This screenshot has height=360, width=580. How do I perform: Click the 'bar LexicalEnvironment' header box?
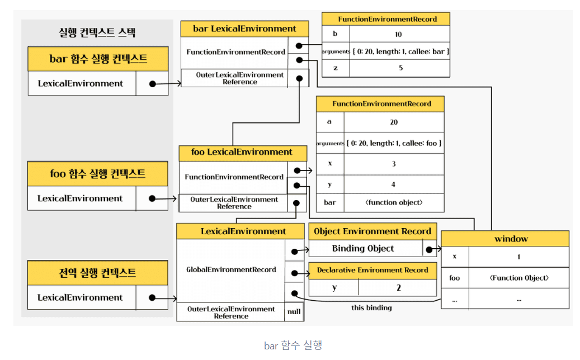tap(244, 29)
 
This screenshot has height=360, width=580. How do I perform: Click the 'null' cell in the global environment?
tap(294, 311)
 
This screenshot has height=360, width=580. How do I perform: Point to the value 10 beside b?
tap(398, 35)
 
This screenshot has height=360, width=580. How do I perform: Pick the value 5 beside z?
tap(400, 68)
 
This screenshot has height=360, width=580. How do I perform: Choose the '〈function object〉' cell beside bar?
tap(394, 202)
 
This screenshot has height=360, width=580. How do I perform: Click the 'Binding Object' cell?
tap(363, 249)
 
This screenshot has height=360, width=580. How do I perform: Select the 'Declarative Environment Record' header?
tap(372, 270)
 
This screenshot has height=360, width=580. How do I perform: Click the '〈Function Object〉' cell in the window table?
tap(519, 278)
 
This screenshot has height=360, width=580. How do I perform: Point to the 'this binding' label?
tap(371, 308)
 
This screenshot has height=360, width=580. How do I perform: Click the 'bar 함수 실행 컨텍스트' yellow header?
tap(98, 59)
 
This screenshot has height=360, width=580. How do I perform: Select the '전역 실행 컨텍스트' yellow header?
tap(98, 273)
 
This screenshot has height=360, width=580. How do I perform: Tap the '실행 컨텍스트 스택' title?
tap(97, 32)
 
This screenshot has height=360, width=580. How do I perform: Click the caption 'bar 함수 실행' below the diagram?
tap(293, 345)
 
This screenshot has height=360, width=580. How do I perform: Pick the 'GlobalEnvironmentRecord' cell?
tap(231, 269)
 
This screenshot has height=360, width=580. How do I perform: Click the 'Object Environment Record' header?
tap(372, 231)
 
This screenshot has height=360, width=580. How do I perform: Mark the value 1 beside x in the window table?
tap(519, 257)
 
